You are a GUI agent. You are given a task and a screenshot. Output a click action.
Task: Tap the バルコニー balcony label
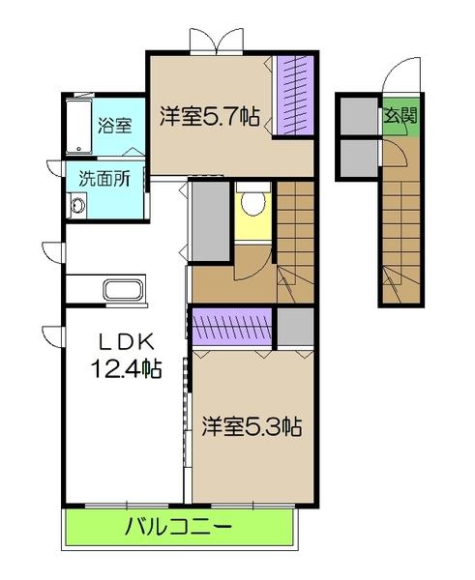point(178,528)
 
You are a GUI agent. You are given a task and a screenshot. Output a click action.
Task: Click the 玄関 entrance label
point(401,117)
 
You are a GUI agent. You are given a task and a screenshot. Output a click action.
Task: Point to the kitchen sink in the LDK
point(121,289)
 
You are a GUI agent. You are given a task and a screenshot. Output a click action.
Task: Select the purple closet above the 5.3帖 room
point(233,326)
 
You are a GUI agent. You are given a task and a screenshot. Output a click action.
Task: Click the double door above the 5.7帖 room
point(213,41)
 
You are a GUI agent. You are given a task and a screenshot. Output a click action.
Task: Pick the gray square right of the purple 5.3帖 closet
point(295,326)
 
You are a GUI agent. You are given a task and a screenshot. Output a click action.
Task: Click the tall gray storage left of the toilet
point(209,220)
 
